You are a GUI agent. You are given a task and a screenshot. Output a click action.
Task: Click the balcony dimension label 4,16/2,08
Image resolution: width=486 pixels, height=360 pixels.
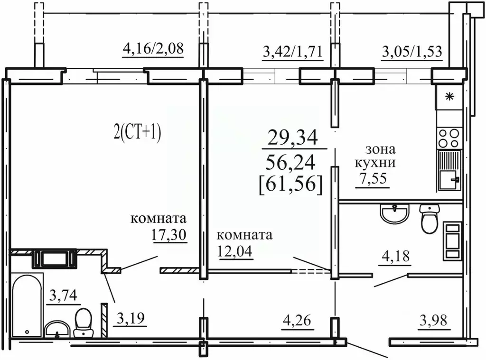pyautogui.click(x=153, y=49)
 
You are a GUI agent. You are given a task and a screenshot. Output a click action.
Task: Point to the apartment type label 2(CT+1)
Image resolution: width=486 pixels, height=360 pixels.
pyautogui.click(x=138, y=133)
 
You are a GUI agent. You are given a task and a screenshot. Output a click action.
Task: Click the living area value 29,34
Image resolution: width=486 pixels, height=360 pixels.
pyautogui.click(x=292, y=138)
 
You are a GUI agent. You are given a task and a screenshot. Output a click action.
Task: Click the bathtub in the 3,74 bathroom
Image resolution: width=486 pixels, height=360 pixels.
pyautogui.click(x=27, y=304)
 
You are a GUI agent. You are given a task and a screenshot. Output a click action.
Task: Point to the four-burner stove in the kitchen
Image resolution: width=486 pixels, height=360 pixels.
pyautogui.click(x=449, y=138)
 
